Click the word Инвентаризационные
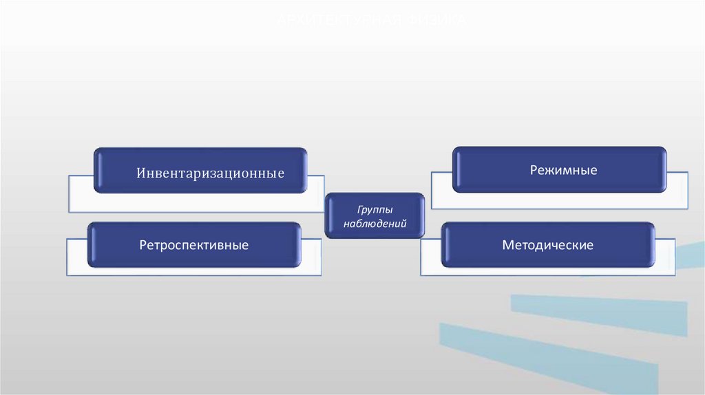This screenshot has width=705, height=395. pyautogui.click(x=210, y=172)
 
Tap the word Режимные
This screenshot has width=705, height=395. pyautogui.click(x=563, y=169)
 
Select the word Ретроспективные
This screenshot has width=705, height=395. pyautogui.click(x=193, y=245)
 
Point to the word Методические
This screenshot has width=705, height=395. pyautogui.click(x=547, y=245)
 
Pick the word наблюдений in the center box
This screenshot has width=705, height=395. pyautogui.click(x=375, y=224)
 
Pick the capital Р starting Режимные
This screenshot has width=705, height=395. pyautogui.click(x=534, y=169)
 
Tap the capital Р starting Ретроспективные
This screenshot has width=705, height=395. pyautogui.click(x=143, y=245)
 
